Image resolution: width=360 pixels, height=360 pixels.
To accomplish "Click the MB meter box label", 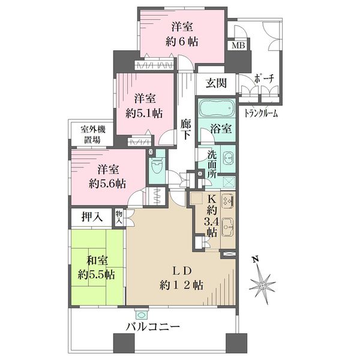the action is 238,45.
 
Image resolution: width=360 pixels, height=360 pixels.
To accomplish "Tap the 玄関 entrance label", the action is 216,83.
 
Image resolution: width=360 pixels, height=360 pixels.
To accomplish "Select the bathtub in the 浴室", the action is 216,108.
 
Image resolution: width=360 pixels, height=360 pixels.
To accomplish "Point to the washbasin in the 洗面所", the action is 228,158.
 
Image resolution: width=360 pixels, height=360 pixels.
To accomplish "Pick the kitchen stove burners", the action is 228,200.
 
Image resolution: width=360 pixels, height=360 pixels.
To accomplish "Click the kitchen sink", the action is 228,226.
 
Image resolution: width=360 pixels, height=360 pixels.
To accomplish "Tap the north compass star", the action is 262,285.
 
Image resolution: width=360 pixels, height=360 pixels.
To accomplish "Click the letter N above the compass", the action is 256,260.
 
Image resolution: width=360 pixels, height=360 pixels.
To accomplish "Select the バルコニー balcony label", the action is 152,326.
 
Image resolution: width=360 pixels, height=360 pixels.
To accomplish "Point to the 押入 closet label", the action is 92,217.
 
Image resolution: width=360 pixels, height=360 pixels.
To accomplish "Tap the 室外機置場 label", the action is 92,135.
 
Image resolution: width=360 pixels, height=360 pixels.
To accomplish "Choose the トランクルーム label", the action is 260,113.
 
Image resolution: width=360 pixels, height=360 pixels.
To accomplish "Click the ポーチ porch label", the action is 264,79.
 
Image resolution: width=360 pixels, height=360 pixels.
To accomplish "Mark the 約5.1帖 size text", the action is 144,113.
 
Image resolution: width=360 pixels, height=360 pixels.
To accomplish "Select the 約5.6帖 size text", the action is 107,184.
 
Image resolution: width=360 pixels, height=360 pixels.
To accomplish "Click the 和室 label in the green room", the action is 97,261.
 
